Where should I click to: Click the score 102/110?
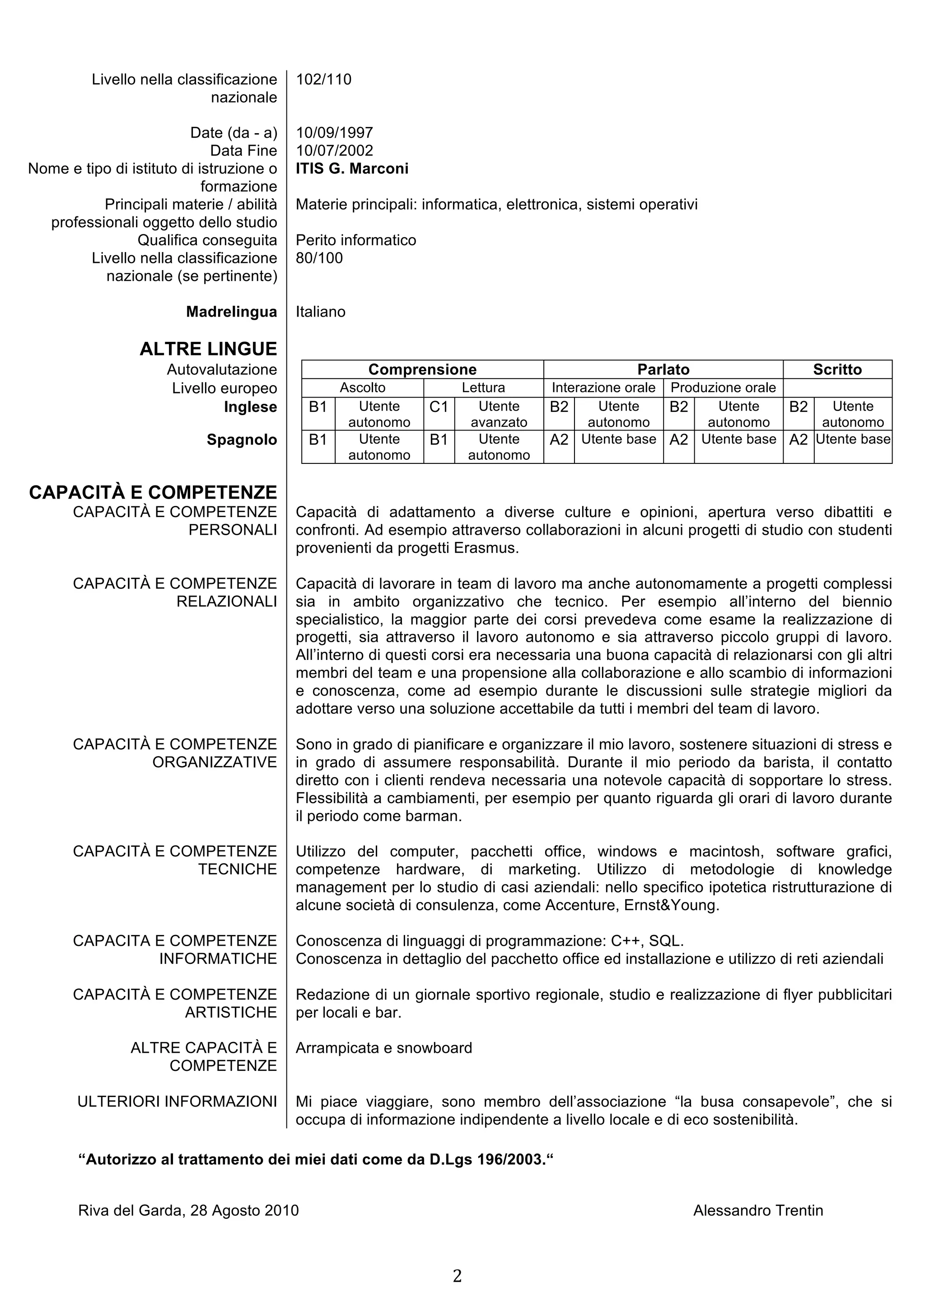323,79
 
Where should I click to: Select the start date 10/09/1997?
334,133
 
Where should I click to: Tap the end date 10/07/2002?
334,150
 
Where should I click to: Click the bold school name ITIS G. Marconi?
351,168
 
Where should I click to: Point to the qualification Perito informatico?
355,240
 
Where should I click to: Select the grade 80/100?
319,258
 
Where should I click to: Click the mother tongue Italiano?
320,312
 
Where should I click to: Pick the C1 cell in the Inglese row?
439,407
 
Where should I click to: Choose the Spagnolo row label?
242,440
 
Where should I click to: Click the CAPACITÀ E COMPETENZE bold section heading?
153,492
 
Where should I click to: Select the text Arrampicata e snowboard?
383,1048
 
